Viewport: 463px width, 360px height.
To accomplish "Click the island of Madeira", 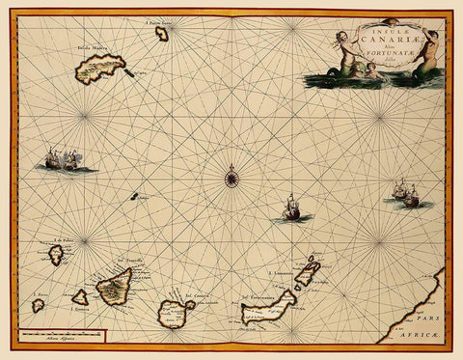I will [x=101, y=67].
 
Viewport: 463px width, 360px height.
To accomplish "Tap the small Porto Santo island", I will [x=161, y=33].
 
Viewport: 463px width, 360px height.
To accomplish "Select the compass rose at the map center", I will [x=231, y=176].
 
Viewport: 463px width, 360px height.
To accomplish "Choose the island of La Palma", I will [x=56, y=255].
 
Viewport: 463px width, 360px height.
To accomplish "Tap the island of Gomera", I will [x=80, y=298].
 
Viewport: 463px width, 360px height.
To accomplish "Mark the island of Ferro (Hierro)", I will [x=38, y=305].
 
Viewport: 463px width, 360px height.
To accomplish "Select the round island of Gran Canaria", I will [x=175, y=311].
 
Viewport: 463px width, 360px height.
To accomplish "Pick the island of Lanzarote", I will [x=308, y=273].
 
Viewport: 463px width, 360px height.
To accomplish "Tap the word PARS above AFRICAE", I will [x=435, y=316].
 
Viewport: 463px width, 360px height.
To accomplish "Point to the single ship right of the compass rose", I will [x=292, y=208].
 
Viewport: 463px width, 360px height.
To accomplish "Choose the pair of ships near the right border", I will [x=405, y=193].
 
